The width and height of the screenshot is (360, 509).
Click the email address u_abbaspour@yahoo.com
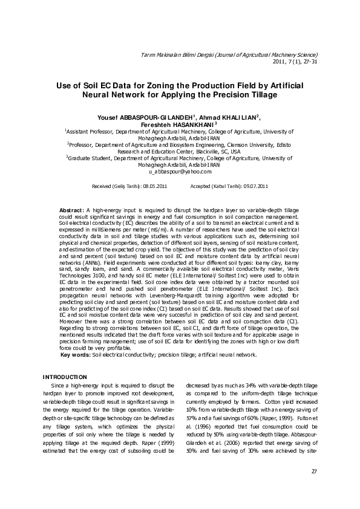[x=180, y=172]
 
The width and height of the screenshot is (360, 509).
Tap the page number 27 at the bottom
[x=314, y=472]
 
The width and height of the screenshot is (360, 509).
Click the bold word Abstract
[x=73, y=209]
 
